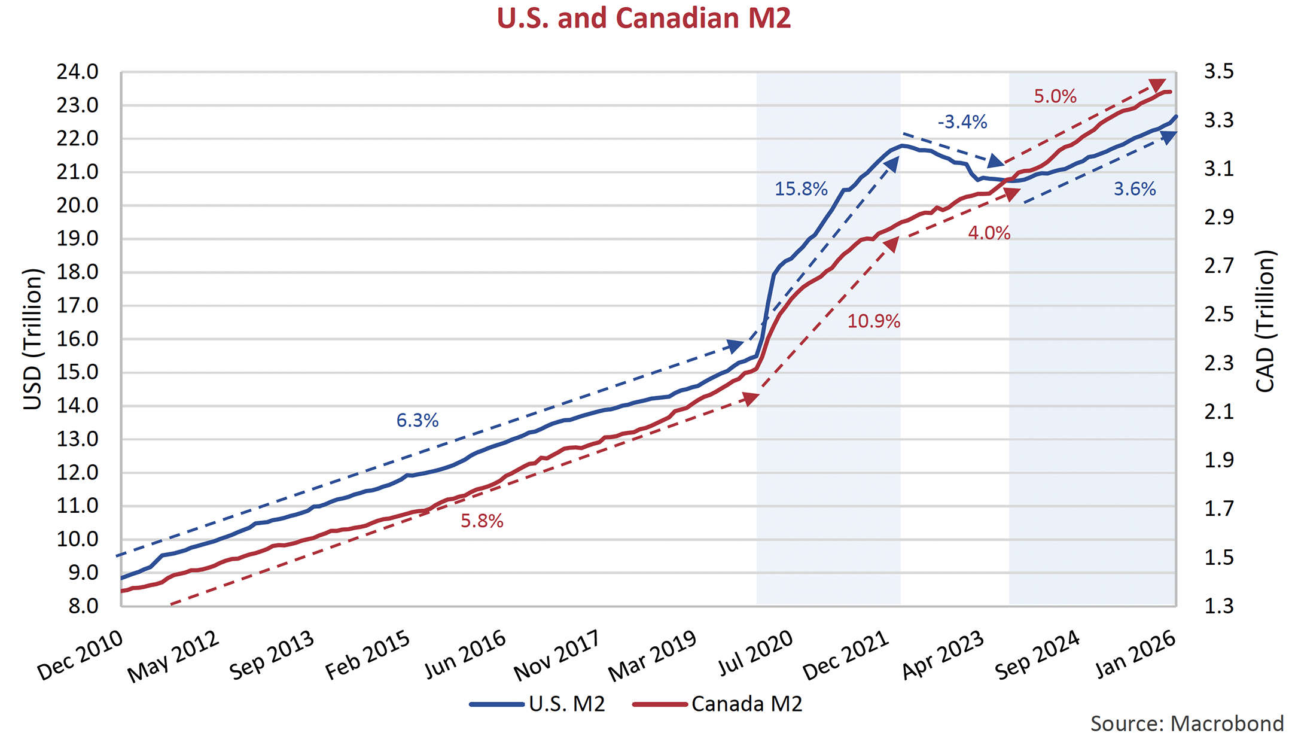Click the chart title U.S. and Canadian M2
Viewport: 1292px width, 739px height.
[644, 18]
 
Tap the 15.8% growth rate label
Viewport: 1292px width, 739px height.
[801, 189]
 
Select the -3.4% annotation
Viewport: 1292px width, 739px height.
[962, 122]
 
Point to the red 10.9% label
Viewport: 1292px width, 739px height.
[873, 321]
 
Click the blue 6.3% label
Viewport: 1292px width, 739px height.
[418, 421]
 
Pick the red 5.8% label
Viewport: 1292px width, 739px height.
[482, 521]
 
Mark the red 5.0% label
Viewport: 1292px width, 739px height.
[1055, 96]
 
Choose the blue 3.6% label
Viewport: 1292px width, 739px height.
[1134, 189]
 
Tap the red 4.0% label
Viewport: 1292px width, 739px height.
[989, 233]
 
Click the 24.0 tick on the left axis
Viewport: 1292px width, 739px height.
[77, 72]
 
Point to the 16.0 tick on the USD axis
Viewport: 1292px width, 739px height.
[77, 339]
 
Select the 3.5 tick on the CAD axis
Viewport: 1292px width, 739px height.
[1218, 72]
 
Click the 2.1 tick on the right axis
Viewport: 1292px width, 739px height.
[1218, 412]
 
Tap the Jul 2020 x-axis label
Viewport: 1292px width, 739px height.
[755, 653]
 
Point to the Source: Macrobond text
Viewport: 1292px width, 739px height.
[1187, 724]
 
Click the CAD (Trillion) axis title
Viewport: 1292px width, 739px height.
[1264, 321]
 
